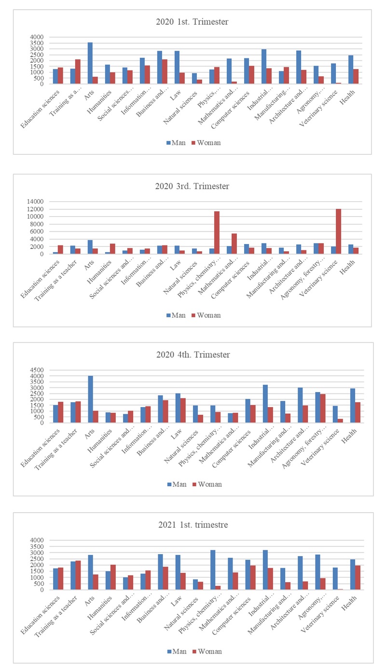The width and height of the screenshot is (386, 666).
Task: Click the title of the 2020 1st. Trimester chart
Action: tap(193, 22)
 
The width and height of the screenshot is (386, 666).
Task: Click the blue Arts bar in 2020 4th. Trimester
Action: tap(90, 399)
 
